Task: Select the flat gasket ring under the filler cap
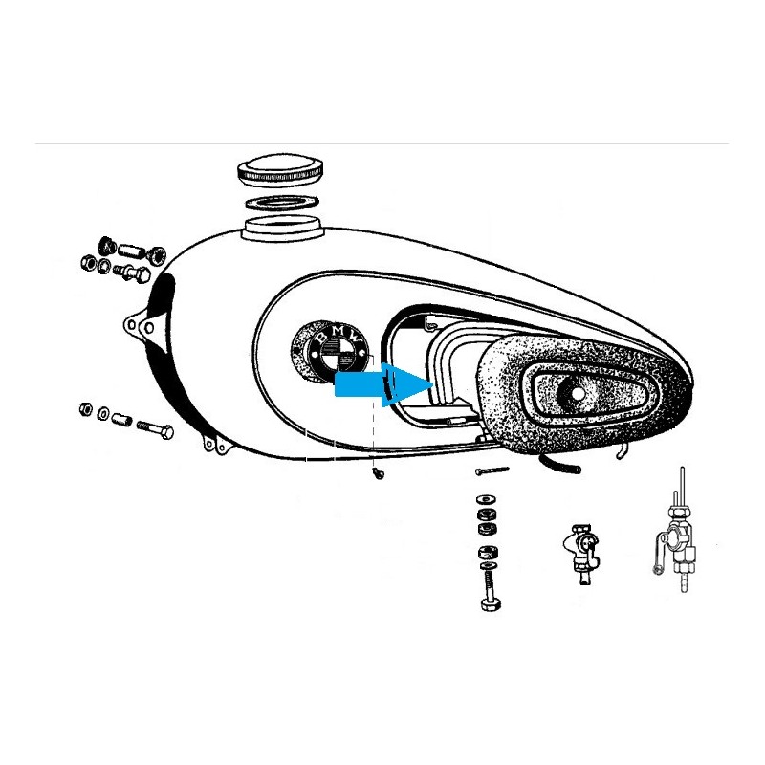point(282,202)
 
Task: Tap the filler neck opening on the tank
point(284,228)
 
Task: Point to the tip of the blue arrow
point(433,383)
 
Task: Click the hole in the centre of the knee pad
point(579,393)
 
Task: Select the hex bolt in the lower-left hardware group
point(156,428)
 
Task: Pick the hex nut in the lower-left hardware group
point(85,408)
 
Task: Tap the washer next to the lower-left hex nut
point(103,414)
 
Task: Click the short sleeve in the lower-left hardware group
point(121,419)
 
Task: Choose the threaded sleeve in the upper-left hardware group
point(130,252)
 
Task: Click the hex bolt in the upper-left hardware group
point(132,273)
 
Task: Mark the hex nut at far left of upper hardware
point(88,264)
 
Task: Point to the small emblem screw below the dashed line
point(378,472)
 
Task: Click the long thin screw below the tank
point(492,470)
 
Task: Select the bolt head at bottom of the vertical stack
point(491,604)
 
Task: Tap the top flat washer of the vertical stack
point(486,499)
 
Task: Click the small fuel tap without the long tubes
point(581,553)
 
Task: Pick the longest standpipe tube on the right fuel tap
point(682,487)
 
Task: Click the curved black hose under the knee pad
point(559,465)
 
